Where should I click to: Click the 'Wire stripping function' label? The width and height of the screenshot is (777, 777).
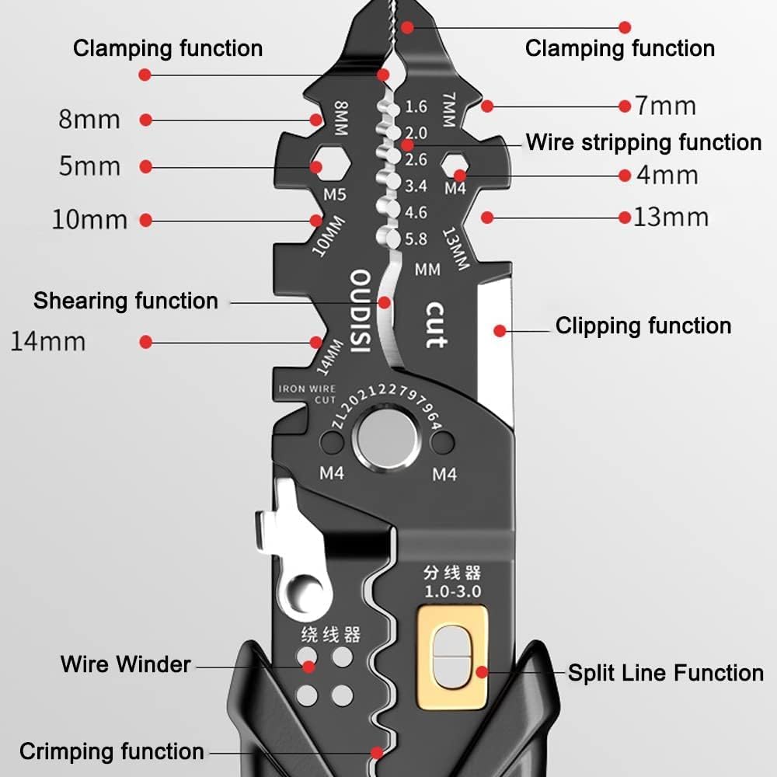[643, 142]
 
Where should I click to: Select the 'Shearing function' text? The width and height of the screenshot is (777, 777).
[125, 301]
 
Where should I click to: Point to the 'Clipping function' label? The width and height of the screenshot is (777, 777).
[643, 326]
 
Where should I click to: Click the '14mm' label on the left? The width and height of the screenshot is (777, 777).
[48, 341]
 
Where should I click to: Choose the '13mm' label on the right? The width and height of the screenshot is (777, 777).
[671, 217]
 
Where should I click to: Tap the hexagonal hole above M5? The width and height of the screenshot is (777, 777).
[317, 166]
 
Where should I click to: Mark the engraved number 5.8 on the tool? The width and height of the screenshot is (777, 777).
[416, 239]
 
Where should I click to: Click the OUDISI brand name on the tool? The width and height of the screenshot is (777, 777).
[359, 312]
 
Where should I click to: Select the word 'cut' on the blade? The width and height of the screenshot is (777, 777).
[436, 324]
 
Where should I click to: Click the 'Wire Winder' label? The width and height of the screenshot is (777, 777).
[125, 664]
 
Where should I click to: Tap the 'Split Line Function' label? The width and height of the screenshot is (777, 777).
[665, 673]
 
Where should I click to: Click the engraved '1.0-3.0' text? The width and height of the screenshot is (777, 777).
[452, 591]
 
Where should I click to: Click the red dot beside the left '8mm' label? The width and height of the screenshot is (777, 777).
[145, 120]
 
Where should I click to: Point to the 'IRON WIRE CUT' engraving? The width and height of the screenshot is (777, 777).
[308, 394]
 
